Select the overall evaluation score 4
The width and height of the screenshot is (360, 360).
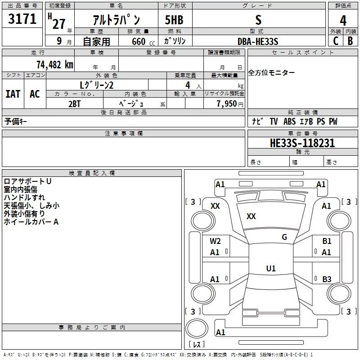tap(343, 20)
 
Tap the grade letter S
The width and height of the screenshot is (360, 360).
tap(258, 20)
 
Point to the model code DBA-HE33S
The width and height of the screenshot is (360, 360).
tap(258, 41)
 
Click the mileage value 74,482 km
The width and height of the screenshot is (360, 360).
tap(53, 65)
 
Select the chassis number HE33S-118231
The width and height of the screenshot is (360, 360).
tap(302, 144)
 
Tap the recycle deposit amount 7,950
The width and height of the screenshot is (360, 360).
tap(226, 103)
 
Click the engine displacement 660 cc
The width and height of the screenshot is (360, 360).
tap(135, 41)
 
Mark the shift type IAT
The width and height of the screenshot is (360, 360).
tap(13, 94)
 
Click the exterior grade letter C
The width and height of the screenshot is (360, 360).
tap(335, 41)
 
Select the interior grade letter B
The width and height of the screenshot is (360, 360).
tap(351, 41)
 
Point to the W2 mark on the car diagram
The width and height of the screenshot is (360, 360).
tap(215, 241)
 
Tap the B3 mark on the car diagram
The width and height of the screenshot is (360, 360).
tap(327, 279)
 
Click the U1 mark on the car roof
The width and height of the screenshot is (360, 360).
tap(270, 269)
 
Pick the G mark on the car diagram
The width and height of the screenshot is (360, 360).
tap(284, 237)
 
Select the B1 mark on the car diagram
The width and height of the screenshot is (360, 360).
tap(327, 241)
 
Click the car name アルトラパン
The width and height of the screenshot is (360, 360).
tap(116, 20)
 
